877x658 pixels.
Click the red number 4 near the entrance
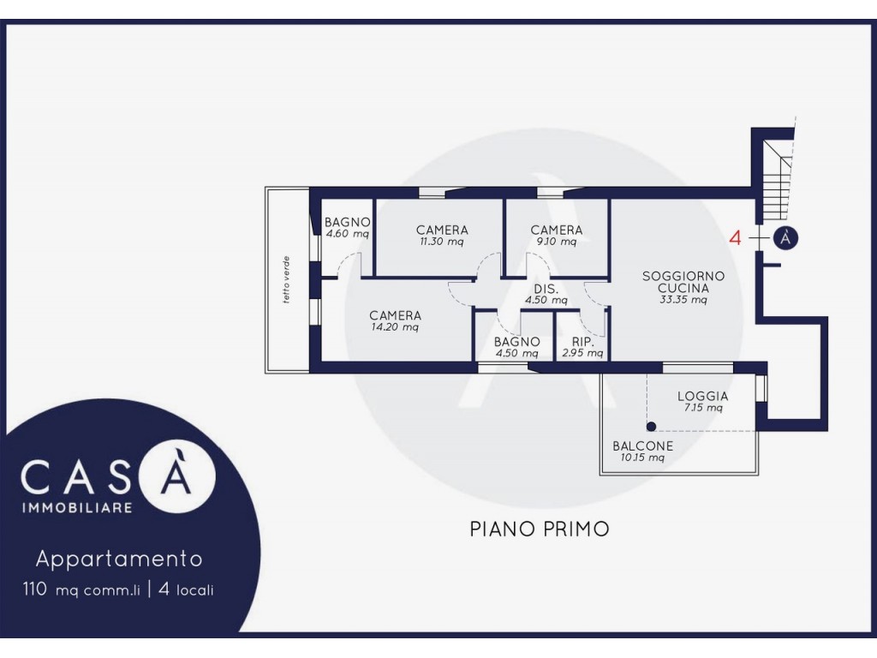coord(735,238)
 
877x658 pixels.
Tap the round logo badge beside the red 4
coord(786,238)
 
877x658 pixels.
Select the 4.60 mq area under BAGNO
coord(348,234)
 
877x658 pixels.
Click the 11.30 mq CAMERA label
coord(442,236)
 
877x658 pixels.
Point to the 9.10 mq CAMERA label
coord(557,236)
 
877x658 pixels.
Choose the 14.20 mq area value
coord(395,327)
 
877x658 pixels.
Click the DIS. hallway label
coord(546,289)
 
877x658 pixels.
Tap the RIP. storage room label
coord(582,342)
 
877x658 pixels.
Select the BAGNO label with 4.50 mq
coord(516,347)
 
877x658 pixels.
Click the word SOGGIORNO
coord(683,276)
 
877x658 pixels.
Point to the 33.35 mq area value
coord(683,300)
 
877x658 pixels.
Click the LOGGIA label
coord(703,396)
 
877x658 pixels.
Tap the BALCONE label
coord(642,446)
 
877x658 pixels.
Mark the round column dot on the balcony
coord(651,427)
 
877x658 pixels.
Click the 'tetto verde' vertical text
coord(286,280)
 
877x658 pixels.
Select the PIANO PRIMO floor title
coord(540,529)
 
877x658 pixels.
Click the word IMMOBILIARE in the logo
coord(76,508)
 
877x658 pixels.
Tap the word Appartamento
coord(119,559)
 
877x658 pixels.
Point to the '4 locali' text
coord(186,589)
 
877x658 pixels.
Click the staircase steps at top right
coord(778,180)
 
